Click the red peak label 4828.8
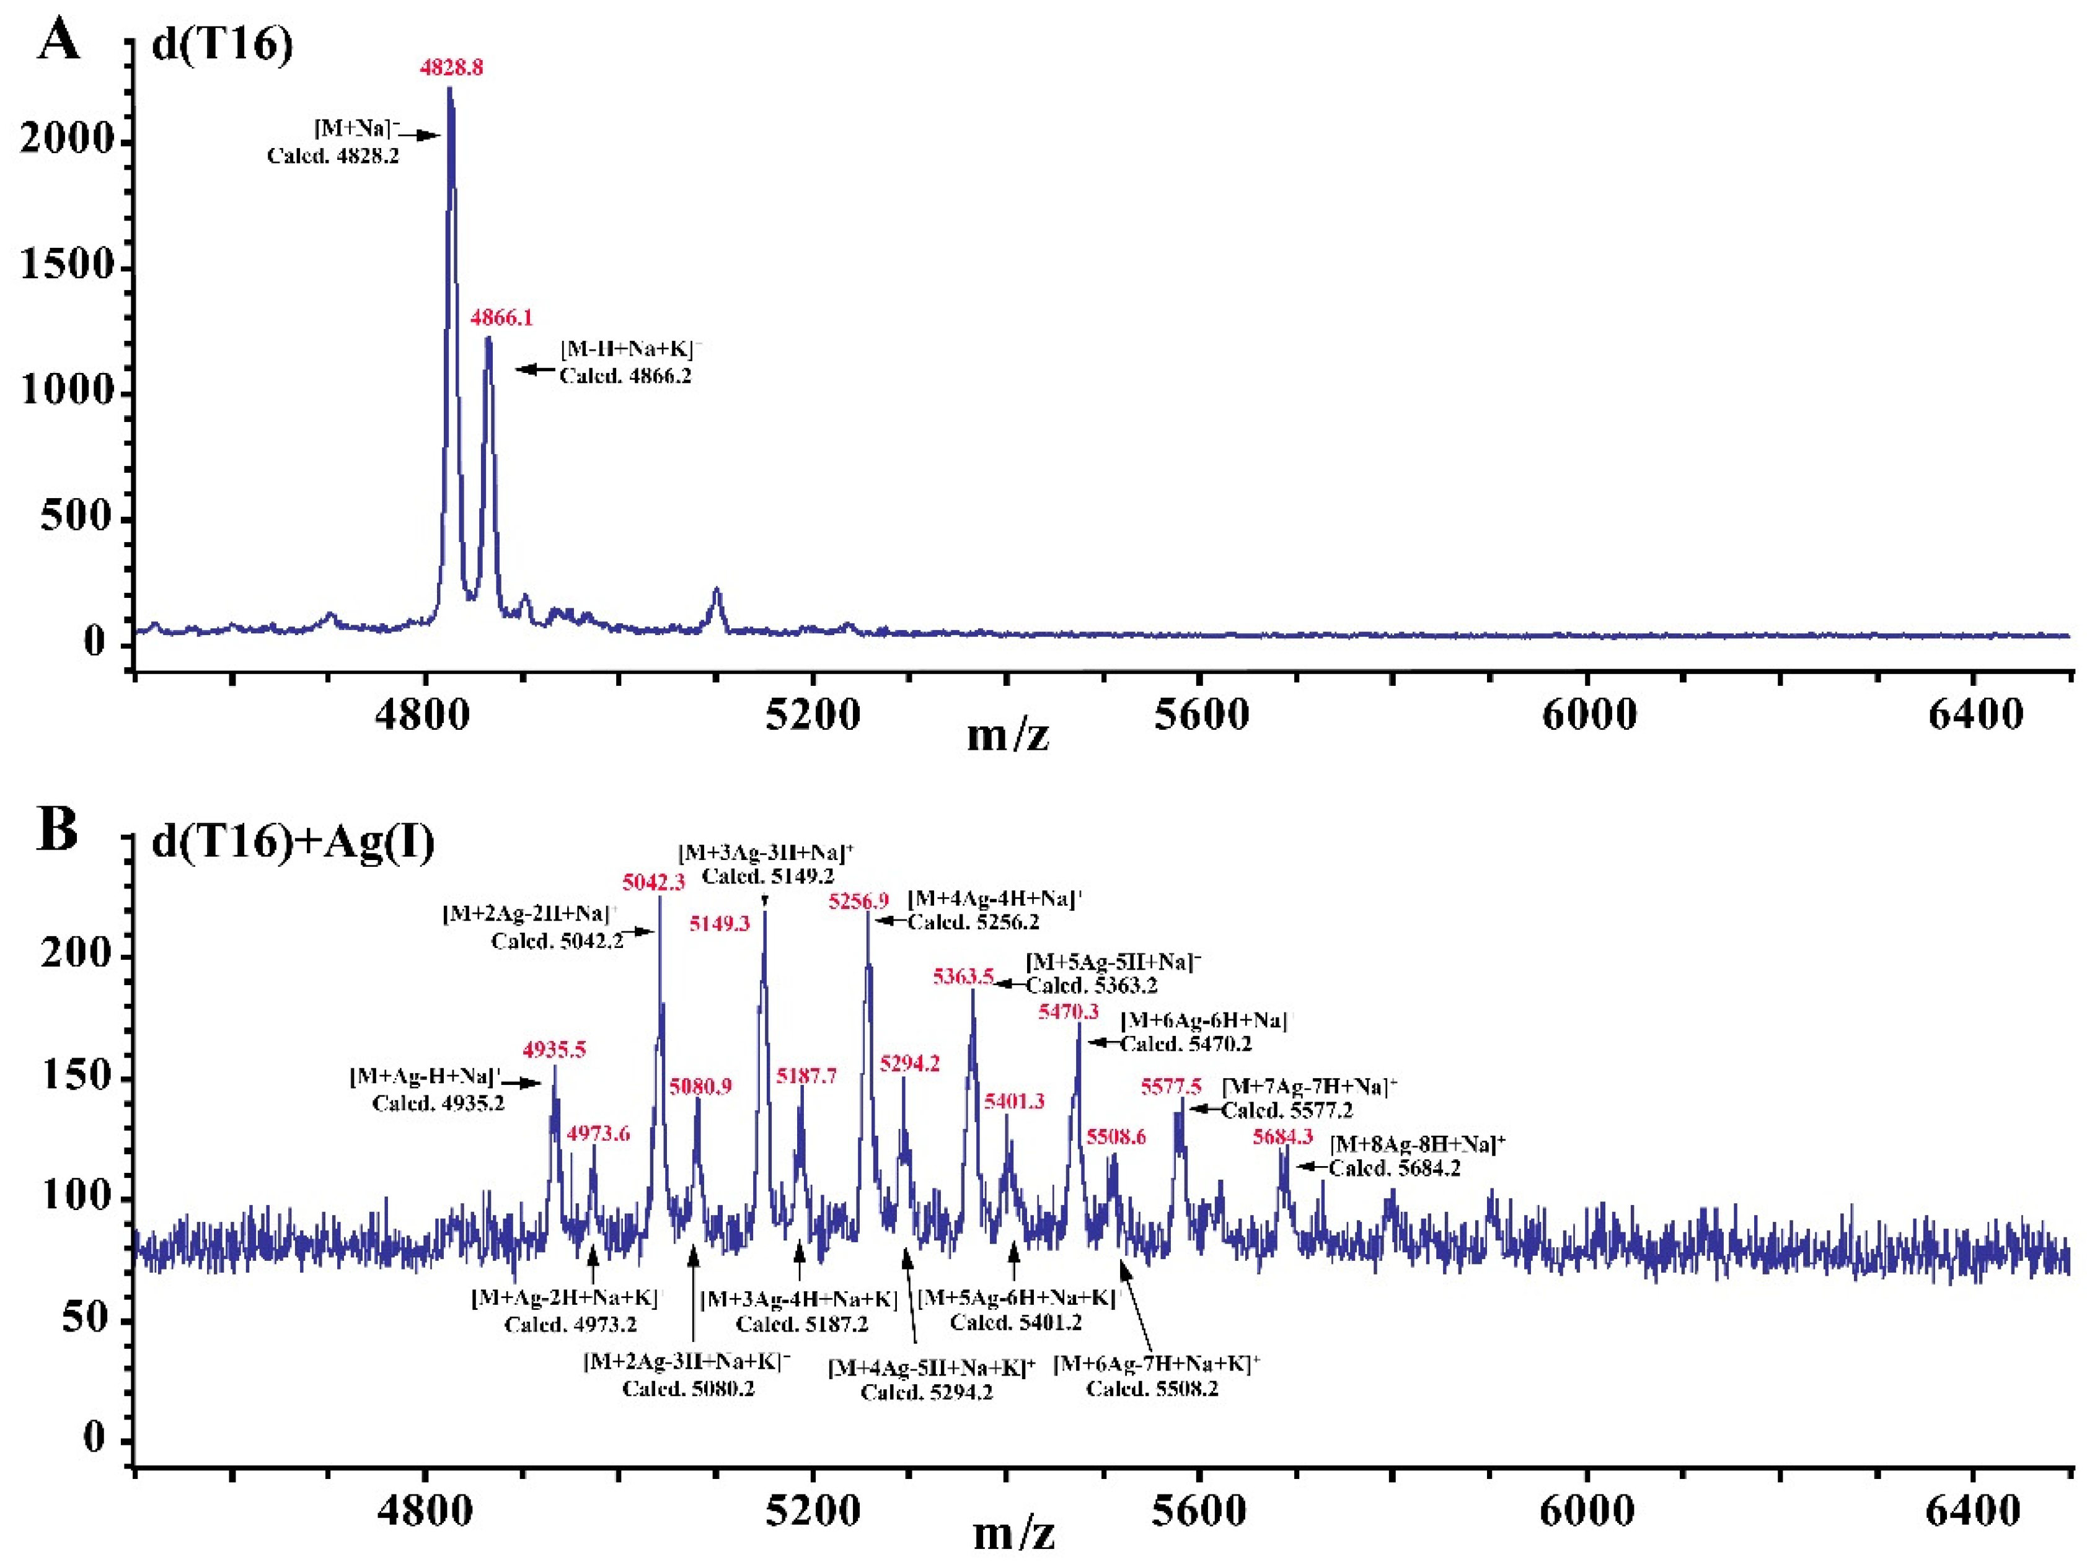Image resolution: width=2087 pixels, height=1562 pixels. (x=451, y=68)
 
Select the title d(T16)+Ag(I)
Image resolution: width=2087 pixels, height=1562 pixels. (x=293, y=841)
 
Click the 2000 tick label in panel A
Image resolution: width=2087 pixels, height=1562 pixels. (x=66, y=139)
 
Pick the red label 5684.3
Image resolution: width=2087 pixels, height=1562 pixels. (x=1282, y=1136)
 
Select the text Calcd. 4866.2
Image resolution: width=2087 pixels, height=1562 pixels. (x=625, y=376)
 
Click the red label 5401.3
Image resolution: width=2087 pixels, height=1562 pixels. (x=1014, y=1101)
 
